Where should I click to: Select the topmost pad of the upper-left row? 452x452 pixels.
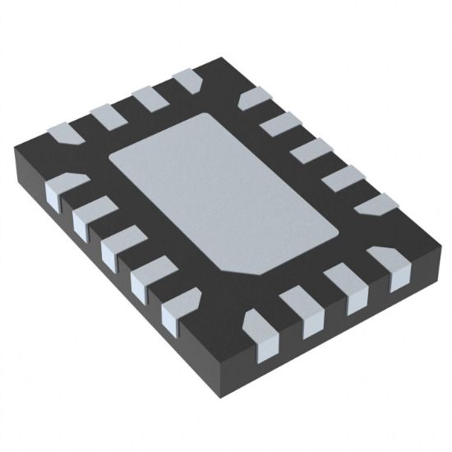[188, 81]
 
